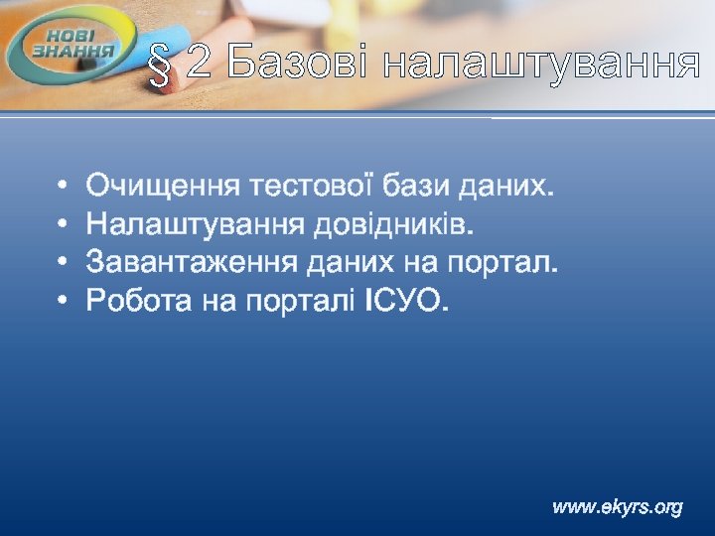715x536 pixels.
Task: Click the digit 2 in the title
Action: click(199, 64)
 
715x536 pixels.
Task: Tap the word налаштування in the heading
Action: click(541, 64)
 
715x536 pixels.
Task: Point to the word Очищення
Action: click(163, 186)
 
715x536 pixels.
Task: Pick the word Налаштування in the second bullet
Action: click(195, 223)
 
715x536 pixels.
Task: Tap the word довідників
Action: click(393, 223)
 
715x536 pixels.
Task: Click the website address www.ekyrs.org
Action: click(618, 507)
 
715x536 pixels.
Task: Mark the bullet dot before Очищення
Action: click(63, 186)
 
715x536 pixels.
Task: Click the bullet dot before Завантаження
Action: click(63, 262)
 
